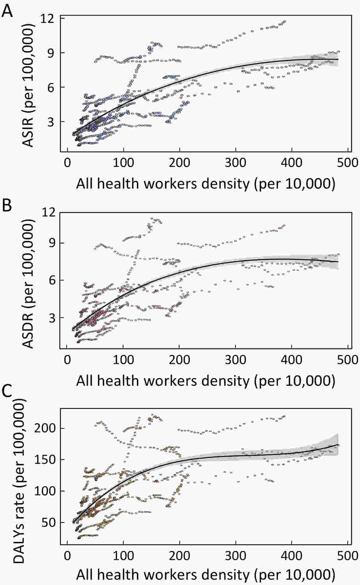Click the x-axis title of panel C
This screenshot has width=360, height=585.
205,574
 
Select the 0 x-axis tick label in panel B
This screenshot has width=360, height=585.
67,359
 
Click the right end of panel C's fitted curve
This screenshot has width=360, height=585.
338,445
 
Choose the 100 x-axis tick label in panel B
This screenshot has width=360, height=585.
123,359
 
